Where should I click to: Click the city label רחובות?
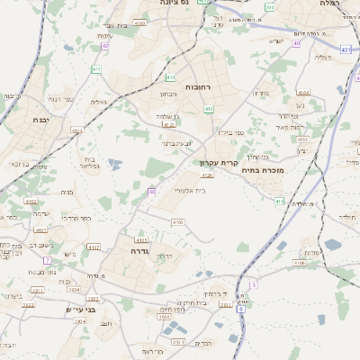tap(197, 86)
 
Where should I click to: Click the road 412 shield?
tap(209, 109)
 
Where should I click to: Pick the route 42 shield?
tap(104, 46)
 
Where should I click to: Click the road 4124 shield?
tap(76, 131)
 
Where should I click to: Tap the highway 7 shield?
tap(46, 260)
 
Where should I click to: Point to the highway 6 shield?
tap(240, 309)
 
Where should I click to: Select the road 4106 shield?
tap(177, 221)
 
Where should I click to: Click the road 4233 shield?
tap(302, 139)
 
